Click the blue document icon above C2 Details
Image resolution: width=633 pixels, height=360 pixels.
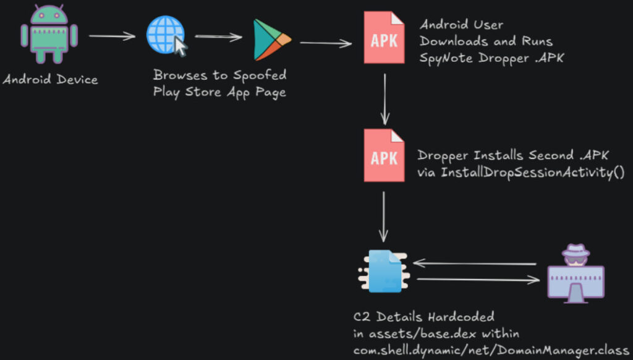point(384,271)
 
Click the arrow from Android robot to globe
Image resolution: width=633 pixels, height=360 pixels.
point(112,36)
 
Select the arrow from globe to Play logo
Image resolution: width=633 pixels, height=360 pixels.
point(218,37)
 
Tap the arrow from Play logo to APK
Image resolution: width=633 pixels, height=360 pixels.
point(325,43)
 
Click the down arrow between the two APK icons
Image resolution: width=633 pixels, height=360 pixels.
point(385,98)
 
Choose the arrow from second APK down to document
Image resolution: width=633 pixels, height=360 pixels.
point(384,216)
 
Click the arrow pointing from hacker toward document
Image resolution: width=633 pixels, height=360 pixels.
point(475,264)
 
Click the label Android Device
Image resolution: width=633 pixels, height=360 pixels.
point(50,80)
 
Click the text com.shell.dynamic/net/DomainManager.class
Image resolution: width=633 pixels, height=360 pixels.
point(491,349)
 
